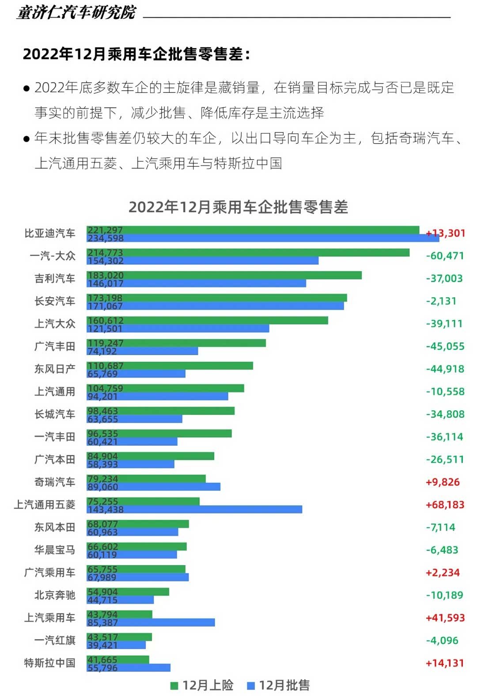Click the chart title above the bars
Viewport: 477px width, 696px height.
(x=238, y=207)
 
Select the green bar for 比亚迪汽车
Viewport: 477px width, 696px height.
(x=253, y=230)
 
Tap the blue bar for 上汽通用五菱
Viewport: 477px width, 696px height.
(x=194, y=509)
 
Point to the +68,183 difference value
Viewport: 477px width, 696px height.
(x=445, y=505)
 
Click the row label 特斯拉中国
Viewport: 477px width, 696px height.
(x=49, y=663)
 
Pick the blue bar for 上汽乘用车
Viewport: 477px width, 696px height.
(x=151, y=623)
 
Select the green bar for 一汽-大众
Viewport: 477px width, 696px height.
(x=248, y=252)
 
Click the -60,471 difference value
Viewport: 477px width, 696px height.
(x=445, y=256)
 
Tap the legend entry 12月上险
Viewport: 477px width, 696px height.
(x=202, y=685)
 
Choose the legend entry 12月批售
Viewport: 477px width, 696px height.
(x=279, y=685)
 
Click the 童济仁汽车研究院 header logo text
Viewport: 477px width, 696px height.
(x=76, y=12)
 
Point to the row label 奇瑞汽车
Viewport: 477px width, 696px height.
(x=55, y=482)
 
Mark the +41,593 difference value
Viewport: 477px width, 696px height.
(x=445, y=618)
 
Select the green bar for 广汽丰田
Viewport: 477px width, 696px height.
(x=176, y=343)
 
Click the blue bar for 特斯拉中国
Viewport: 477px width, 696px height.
(x=129, y=668)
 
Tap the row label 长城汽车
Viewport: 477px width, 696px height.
(x=55, y=414)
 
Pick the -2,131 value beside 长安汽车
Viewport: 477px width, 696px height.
(x=441, y=301)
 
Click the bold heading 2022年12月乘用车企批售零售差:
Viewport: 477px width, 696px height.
(x=136, y=54)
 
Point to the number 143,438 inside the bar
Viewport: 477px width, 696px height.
(x=106, y=509)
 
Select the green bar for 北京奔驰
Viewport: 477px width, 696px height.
(x=128, y=592)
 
